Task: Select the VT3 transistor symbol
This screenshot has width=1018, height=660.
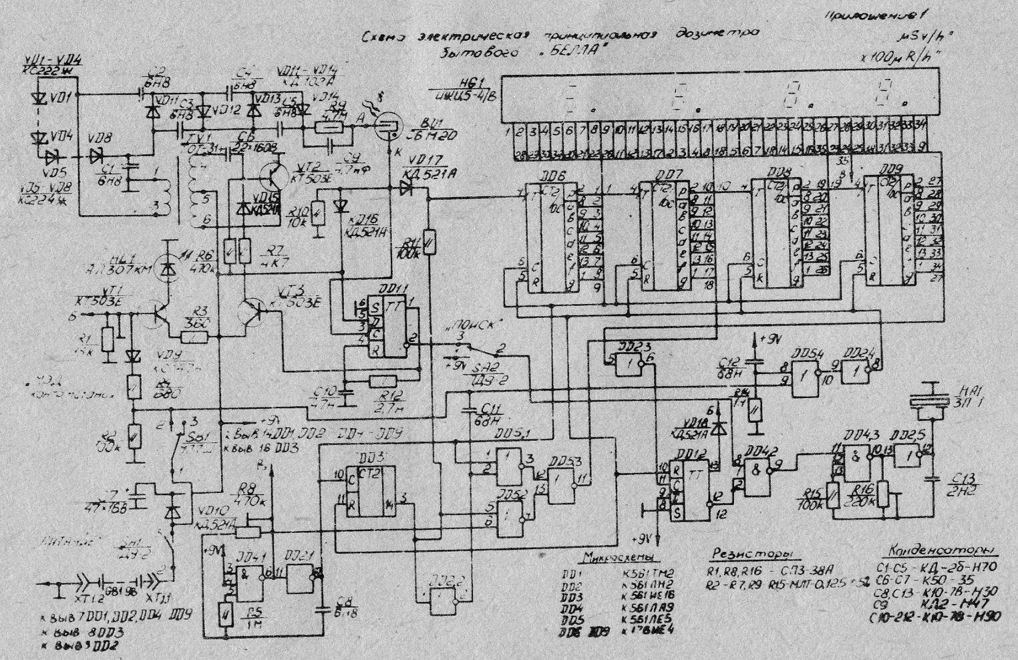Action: click(254, 311)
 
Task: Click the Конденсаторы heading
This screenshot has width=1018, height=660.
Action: click(938, 552)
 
